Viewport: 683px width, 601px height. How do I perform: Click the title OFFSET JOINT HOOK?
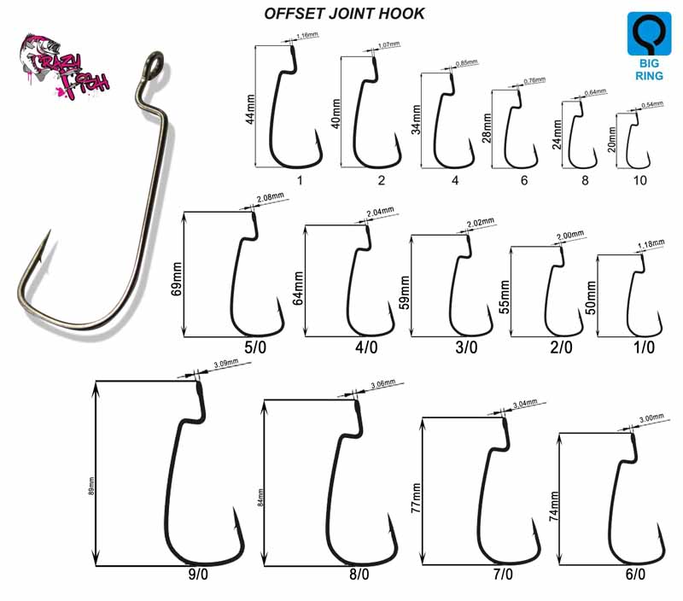pyautogui.click(x=342, y=14)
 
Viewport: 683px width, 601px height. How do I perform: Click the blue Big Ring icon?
pyautogui.click(x=648, y=46)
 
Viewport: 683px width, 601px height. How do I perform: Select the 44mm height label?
pyautogui.click(x=250, y=108)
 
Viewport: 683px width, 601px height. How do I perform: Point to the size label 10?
pyautogui.click(x=639, y=180)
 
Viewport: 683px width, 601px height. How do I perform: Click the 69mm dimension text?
pyautogui.click(x=177, y=275)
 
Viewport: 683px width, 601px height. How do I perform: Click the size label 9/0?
pyautogui.click(x=197, y=575)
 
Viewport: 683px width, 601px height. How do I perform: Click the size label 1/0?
pyautogui.click(x=644, y=347)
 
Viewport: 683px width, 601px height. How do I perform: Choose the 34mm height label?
pyautogui.click(x=416, y=121)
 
